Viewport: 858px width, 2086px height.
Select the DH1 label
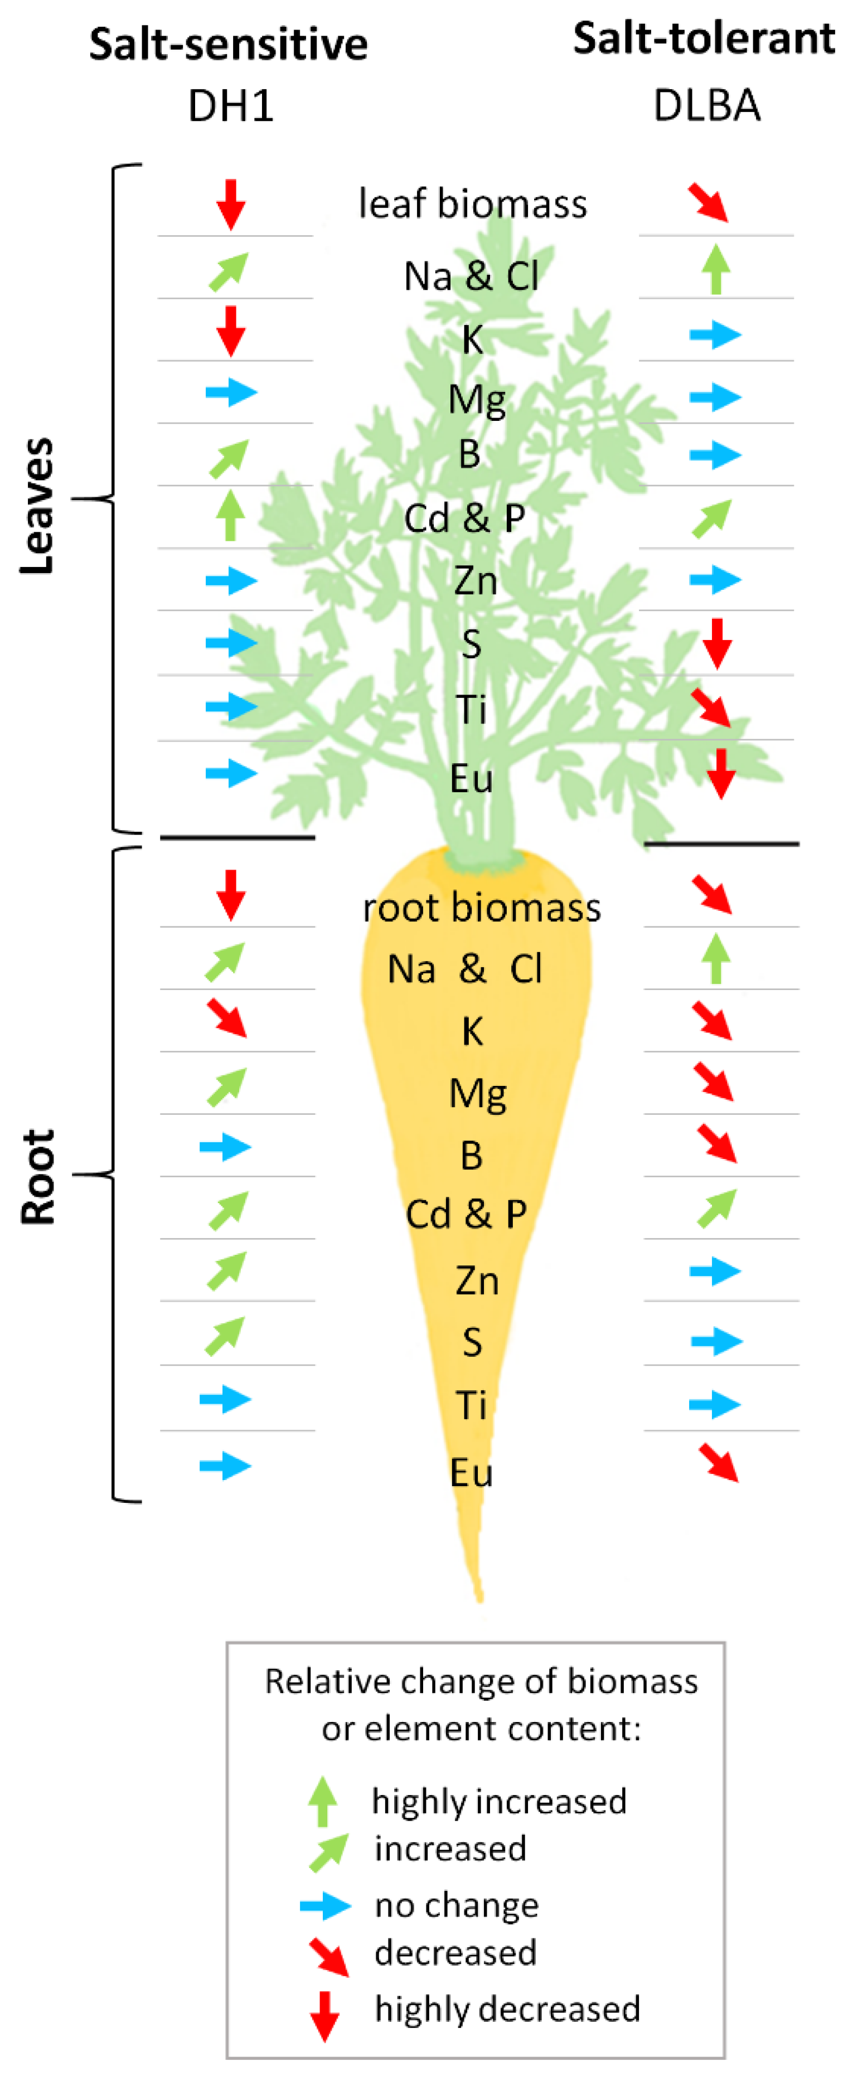point(230,106)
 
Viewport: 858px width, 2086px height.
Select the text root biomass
point(481,907)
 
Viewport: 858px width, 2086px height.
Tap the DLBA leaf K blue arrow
point(715,333)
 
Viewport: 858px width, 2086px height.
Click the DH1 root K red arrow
point(227,1018)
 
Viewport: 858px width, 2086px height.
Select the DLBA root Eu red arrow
point(718,1462)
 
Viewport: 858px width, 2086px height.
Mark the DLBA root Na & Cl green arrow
point(715,958)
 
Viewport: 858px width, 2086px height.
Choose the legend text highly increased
point(498,1801)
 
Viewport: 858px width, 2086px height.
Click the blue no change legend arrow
point(325,1905)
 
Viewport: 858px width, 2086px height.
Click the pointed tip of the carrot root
point(479,1597)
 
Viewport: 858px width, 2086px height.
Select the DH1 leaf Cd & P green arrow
point(231,515)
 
